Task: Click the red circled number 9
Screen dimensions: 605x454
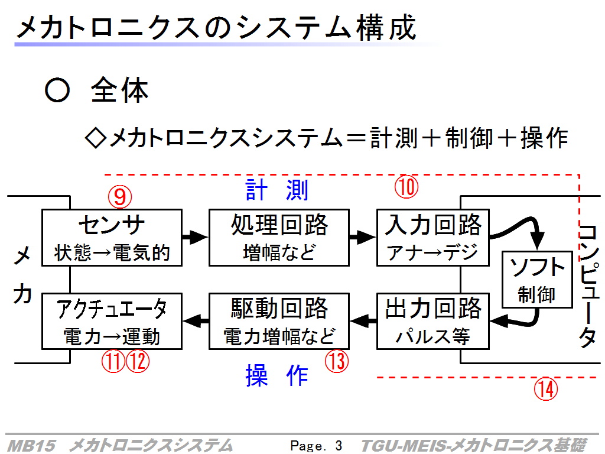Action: [120, 196]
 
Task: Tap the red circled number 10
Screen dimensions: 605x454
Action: [406, 187]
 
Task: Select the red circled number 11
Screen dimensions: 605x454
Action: [113, 362]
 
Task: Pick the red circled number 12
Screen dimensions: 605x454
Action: [138, 362]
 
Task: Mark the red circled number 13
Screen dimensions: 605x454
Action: [336, 361]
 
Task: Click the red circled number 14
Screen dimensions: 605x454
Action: [546, 389]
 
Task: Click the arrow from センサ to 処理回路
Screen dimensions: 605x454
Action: [195, 236]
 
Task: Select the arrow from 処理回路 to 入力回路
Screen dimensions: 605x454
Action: [363, 236]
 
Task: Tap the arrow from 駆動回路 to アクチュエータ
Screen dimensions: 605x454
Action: [196, 320]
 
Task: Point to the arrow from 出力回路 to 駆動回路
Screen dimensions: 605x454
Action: [363, 320]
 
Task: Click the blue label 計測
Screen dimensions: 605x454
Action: [277, 190]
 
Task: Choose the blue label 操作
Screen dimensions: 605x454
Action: [277, 375]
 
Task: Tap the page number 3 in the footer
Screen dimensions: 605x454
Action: [339, 446]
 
